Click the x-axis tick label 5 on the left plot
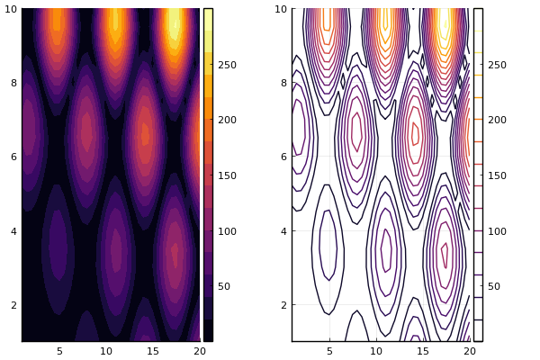pos(59,351)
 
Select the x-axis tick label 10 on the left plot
pos(107,351)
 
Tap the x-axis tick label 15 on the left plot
pos(154,351)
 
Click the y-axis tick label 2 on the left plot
pos(13,305)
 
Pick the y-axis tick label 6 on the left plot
pos(13,157)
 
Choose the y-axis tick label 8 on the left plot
pos(13,83)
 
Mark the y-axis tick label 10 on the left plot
pos(11,9)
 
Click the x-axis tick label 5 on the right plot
pos(329,351)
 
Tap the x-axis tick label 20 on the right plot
pos(467,351)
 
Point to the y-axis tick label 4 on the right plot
pos(283,231)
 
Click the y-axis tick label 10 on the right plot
pos(281,9)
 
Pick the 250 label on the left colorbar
pos(227,65)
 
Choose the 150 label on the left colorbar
pos(227,175)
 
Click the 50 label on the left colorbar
pos(224,286)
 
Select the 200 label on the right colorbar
pos(497,120)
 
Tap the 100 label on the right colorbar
pos(497,231)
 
